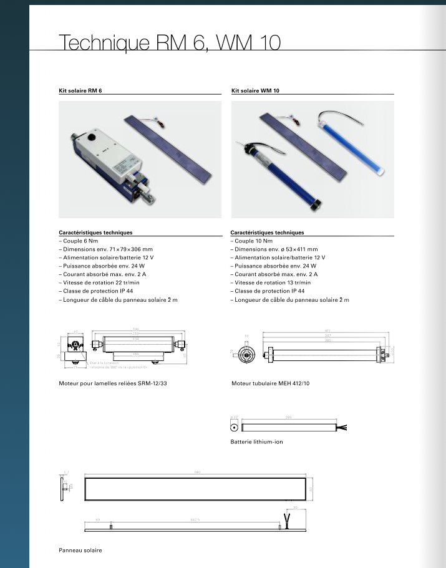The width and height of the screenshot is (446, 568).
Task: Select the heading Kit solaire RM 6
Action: (80, 90)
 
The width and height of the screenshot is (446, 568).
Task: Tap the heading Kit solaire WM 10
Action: (255, 90)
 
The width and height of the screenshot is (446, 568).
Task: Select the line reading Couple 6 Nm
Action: (79, 241)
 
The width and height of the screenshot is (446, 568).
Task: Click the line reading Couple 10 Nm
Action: (253, 241)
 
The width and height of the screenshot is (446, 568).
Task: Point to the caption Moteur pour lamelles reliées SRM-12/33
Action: (113, 383)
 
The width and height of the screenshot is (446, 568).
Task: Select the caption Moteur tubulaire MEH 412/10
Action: (270, 383)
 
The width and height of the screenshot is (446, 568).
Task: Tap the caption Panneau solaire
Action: (80, 551)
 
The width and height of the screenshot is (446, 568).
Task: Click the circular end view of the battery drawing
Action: (234, 428)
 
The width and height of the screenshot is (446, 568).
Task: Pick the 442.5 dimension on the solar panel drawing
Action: (195, 519)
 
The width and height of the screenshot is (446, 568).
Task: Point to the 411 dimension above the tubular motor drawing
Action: (327, 330)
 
